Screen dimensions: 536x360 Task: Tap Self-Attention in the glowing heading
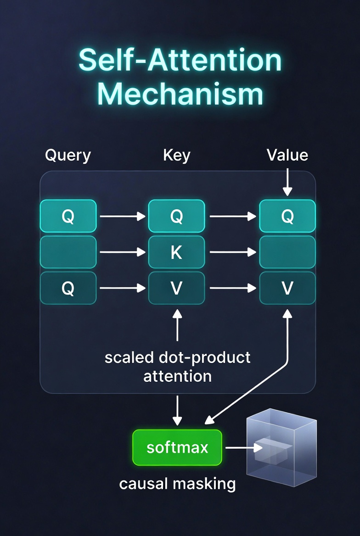pos(180,60)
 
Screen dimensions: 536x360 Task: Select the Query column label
pos(68,156)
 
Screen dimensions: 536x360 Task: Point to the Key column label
pos(177,156)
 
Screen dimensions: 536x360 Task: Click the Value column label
pos(287,156)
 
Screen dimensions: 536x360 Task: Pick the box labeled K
pos(177,252)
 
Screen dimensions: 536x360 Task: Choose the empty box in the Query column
pos(68,252)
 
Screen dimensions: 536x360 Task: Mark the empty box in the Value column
pos(287,252)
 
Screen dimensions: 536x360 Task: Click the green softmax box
pos(177,447)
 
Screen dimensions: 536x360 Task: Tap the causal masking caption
pos(177,483)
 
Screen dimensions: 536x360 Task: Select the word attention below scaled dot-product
pos(177,376)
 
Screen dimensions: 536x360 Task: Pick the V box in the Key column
pos(177,288)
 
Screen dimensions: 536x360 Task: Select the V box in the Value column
pos(287,288)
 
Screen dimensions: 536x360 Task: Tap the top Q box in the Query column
pos(68,216)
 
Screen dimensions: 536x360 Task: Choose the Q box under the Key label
pos(177,216)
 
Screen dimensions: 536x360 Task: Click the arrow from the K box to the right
pos(232,252)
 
